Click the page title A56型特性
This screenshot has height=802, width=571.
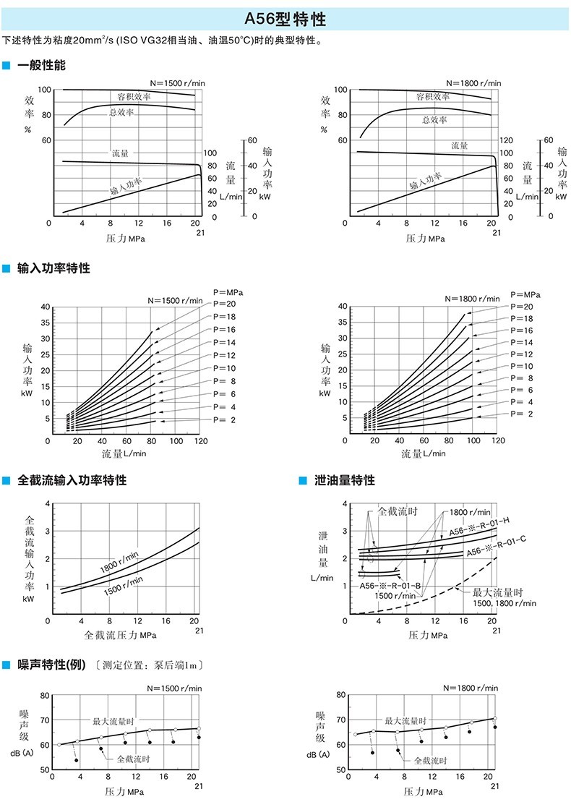[285, 19]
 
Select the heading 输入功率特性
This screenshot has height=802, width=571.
[53, 268]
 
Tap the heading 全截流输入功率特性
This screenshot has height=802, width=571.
[72, 480]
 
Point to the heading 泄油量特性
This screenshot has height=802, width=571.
[344, 480]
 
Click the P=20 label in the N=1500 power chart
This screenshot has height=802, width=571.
[226, 304]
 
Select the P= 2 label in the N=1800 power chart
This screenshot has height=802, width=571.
[521, 414]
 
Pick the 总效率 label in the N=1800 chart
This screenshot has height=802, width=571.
[434, 120]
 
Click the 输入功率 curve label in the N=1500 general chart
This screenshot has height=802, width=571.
[126, 187]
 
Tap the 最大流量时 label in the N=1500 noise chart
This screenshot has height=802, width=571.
[112, 721]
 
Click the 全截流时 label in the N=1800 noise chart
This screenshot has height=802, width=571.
[430, 761]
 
